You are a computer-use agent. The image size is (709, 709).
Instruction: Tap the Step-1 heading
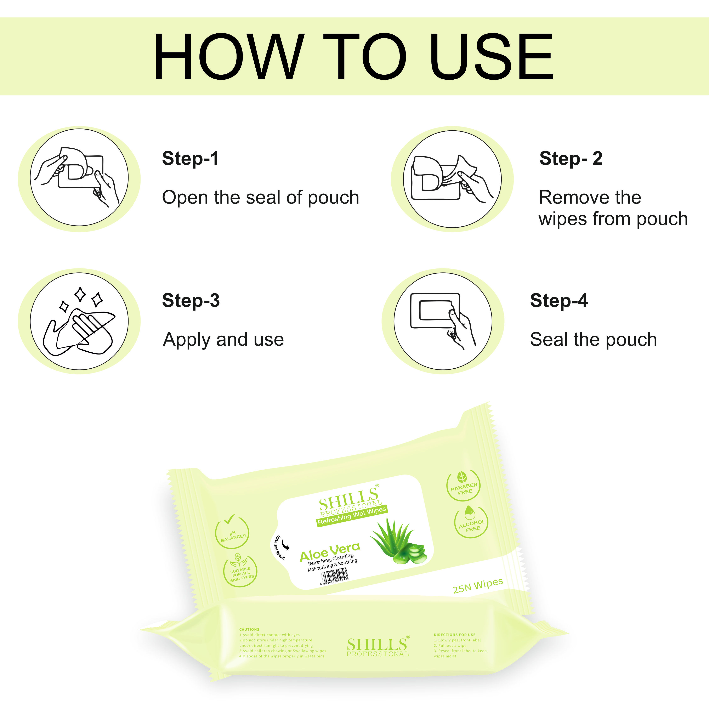click(191, 159)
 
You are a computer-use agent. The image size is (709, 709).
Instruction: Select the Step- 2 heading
click(571, 159)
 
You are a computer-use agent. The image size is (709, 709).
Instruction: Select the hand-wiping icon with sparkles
click(79, 321)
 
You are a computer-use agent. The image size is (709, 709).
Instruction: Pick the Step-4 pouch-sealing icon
click(443, 321)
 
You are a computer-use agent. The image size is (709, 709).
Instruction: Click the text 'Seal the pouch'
click(593, 339)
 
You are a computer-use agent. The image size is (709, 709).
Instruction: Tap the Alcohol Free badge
click(471, 522)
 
